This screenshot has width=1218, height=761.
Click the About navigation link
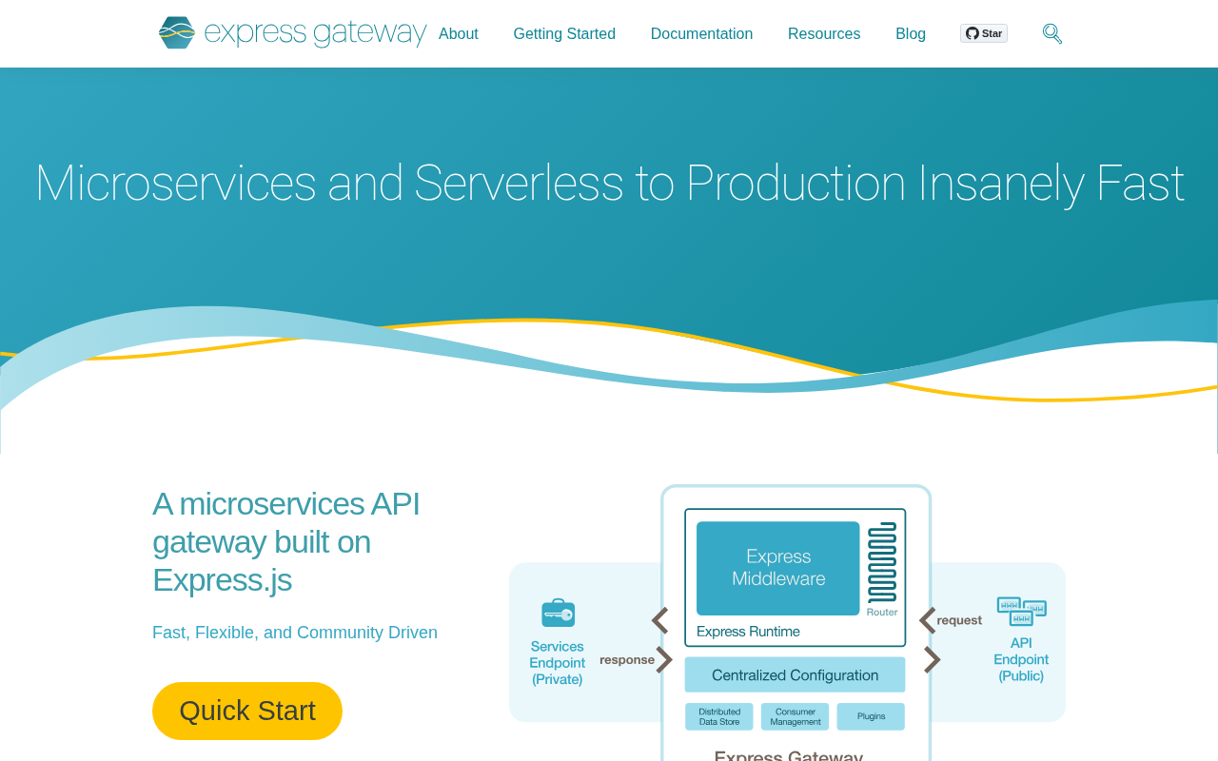click(458, 33)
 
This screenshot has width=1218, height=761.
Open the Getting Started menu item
click(564, 33)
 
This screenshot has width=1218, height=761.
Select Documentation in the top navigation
click(701, 33)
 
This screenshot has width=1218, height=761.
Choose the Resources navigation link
click(824, 33)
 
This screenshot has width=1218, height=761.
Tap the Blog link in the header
click(911, 33)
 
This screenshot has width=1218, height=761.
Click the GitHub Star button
click(984, 33)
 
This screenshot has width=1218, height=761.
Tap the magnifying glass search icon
click(1052, 33)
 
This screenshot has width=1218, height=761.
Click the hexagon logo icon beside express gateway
click(177, 32)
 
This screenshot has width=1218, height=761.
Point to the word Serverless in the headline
click(519, 184)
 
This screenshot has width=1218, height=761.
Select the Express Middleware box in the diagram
click(778, 568)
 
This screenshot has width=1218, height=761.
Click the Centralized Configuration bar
click(795, 674)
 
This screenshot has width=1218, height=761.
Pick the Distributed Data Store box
click(718, 716)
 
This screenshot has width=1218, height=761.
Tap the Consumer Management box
click(795, 716)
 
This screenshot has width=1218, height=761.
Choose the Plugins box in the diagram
click(871, 716)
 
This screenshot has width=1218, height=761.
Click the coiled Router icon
click(882, 562)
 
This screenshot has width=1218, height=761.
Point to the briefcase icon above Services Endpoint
click(558, 614)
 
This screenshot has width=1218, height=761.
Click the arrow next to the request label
click(928, 620)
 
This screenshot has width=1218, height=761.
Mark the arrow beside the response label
click(664, 659)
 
